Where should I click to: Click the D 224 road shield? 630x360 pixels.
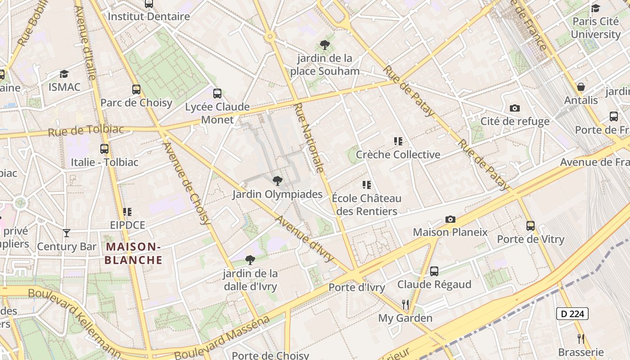coord(572,314)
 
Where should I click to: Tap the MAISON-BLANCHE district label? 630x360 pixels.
coord(133,253)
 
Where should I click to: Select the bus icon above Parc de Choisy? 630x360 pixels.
coord(136,89)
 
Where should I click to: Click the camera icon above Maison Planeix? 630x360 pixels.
coord(450,219)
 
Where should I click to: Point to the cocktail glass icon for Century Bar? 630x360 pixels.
coord(67,233)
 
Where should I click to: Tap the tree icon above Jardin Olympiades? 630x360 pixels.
coord(278,181)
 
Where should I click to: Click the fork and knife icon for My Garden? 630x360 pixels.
coord(405,305)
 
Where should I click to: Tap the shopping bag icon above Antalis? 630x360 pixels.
coord(581,87)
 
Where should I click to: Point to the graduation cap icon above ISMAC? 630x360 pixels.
coord(64,74)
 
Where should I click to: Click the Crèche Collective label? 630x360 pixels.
coord(398,155)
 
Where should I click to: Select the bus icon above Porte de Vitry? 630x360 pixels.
coord(531,226)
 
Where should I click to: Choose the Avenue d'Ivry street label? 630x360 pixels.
coord(305,239)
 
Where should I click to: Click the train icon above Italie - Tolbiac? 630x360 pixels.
coord(104,148)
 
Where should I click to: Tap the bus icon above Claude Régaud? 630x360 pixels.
coord(434,271)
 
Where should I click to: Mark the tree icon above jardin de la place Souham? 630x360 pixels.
coord(324,45)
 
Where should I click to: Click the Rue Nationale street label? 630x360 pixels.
coord(309,138)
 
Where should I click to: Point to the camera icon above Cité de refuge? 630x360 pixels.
coord(515,108)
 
